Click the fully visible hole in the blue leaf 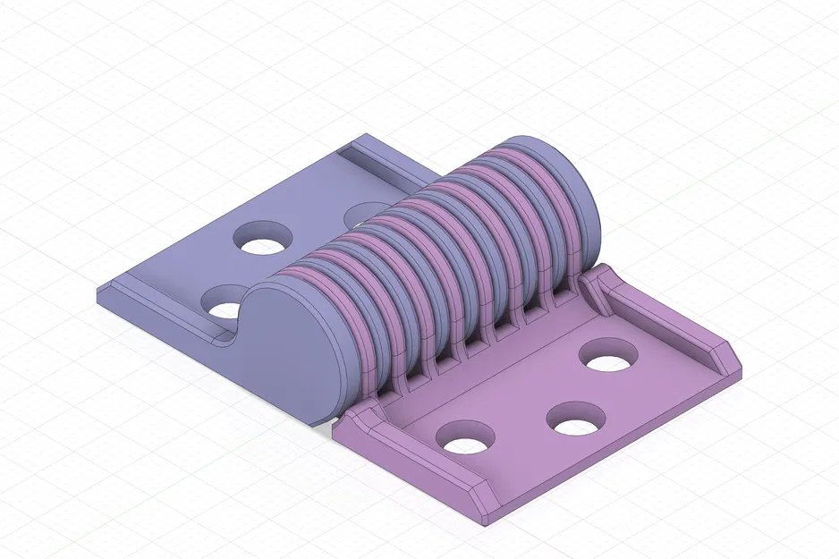(x=263, y=238)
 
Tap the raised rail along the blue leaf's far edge (x=385, y=166)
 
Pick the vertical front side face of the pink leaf (x=617, y=447)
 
